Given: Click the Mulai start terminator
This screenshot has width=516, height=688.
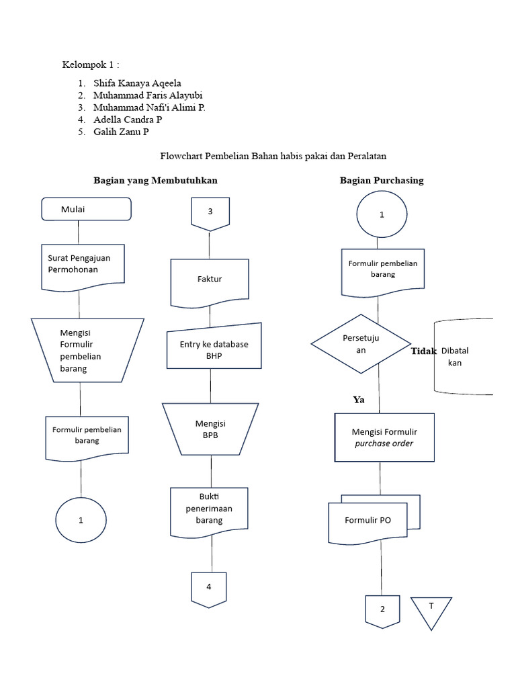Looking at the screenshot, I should click(x=86, y=209).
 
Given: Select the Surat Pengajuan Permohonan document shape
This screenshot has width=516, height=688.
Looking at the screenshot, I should click(x=83, y=267).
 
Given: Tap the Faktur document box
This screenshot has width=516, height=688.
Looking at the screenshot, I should click(x=210, y=279).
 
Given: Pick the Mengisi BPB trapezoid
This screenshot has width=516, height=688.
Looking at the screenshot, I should click(x=210, y=429).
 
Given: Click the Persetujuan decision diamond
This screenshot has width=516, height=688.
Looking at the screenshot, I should click(x=361, y=344).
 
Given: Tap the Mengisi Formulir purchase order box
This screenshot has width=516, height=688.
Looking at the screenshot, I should click(x=384, y=437).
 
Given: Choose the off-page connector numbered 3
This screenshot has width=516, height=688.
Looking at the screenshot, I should click(x=210, y=212).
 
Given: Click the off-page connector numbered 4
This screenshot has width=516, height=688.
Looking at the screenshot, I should click(x=209, y=587).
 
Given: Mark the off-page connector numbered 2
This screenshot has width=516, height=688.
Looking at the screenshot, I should click(x=382, y=609).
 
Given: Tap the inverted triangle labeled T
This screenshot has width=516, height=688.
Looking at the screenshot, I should click(x=431, y=609).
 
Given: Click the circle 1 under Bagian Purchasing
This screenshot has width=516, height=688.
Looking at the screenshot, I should click(x=382, y=215).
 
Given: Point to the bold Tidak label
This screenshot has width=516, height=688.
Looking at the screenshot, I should click(x=424, y=351).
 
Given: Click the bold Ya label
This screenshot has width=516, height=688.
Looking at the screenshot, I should click(x=359, y=400).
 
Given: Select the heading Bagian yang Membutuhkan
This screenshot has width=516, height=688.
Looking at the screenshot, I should click(x=155, y=181).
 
